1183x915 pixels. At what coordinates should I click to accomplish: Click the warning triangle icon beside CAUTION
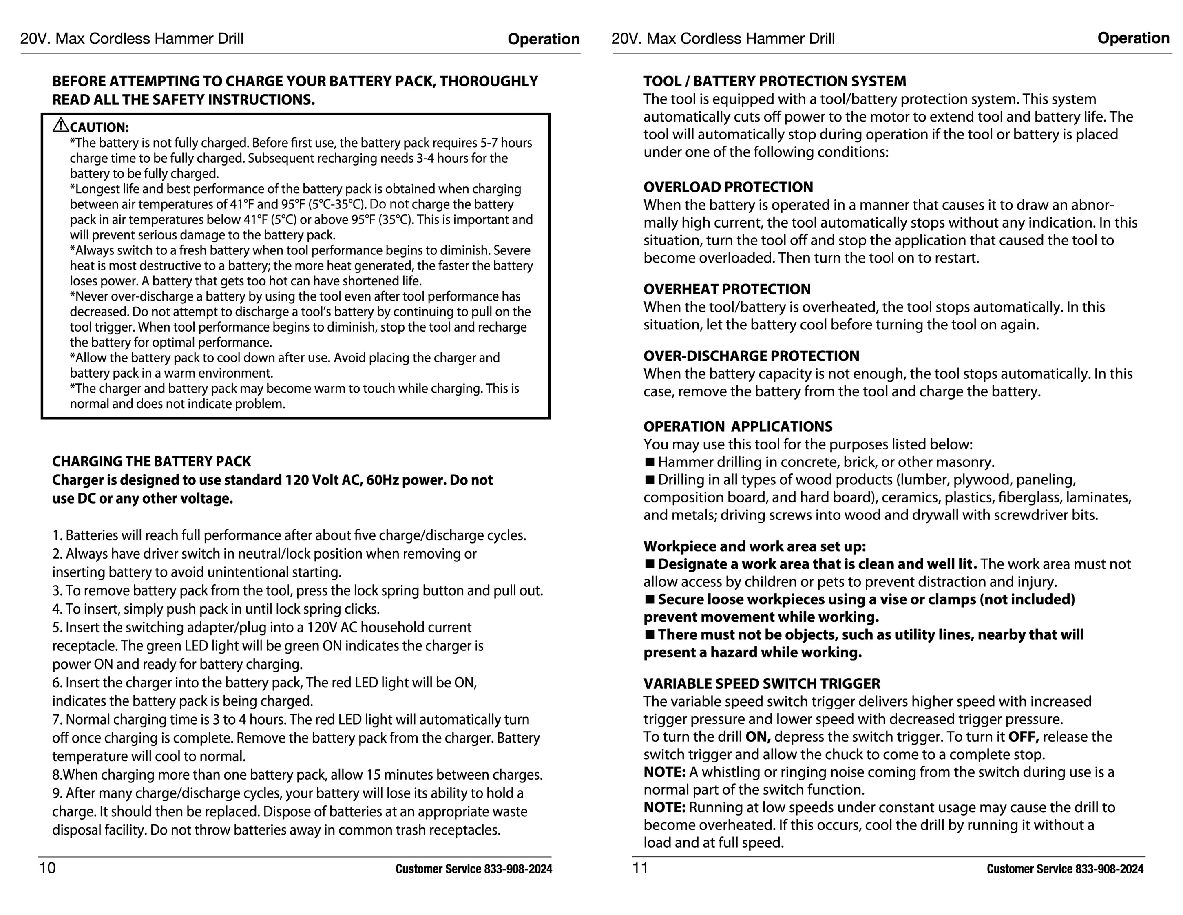[x=61, y=125]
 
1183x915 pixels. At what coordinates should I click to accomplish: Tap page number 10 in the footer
[x=47, y=868]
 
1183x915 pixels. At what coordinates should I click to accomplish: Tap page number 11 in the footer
[x=640, y=868]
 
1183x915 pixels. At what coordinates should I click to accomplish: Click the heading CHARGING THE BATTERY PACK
[x=151, y=462]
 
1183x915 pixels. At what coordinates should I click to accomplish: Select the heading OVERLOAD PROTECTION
[x=727, y=188]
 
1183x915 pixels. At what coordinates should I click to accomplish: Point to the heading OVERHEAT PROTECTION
[x=727, y=289]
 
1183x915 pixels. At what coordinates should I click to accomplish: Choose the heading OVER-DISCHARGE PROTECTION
[x=751, y=356]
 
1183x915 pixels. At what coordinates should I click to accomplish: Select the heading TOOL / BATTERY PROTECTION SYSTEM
[x=774, y=81]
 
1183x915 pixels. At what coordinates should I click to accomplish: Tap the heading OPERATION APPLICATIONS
[x=737, y=427]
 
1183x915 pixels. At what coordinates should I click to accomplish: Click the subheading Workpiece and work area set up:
[x=754, y=546]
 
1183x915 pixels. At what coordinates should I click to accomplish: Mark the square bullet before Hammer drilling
[x=650, y=462]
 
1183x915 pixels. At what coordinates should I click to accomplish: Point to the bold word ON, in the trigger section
[x=758, y=737]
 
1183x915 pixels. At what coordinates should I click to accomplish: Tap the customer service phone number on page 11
[x=1109, y=869]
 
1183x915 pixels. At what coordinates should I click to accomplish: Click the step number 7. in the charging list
[x=57, y=719]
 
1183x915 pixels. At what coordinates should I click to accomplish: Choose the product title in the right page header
[x=723, y=38]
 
